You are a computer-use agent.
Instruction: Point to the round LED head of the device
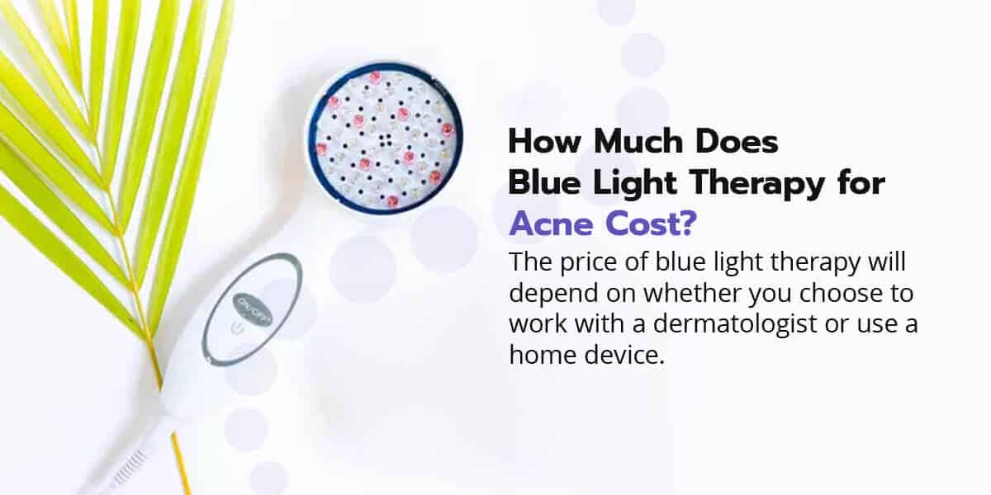(x=383, y=136)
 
